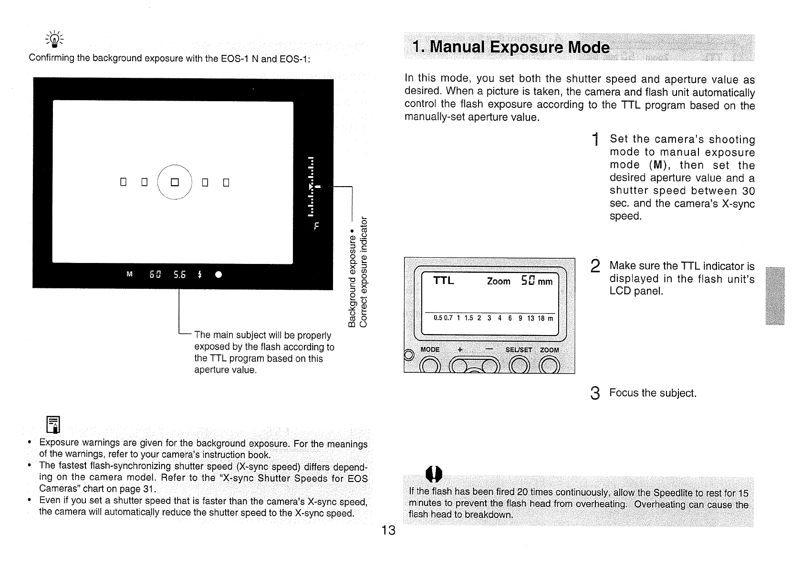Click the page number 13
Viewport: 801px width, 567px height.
click(388, 530)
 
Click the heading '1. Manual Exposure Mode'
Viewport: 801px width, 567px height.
click(511, 48)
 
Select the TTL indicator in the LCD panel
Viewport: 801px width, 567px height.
click(443, 281)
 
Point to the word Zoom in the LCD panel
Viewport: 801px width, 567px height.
click(499, 282)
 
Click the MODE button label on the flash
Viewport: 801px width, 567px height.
click(430, 350)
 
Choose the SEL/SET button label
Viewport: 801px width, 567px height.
click(519, 350)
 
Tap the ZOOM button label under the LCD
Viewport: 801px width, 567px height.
click(549, 350)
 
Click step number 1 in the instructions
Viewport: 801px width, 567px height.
click(595, 140)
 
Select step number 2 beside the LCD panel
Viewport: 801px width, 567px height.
click(594, 266)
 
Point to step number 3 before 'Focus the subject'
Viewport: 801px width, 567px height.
click(594, 394)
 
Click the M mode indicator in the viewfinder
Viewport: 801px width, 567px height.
click(129, 274)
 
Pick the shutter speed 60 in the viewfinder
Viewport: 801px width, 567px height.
click(156, 274)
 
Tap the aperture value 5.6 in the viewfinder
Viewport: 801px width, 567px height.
click(179, 274)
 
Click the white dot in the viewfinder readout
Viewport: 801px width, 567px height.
click(218, 275)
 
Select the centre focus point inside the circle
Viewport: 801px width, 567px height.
click(175, 182)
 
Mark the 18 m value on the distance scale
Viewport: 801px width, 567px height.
click(544, 318)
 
